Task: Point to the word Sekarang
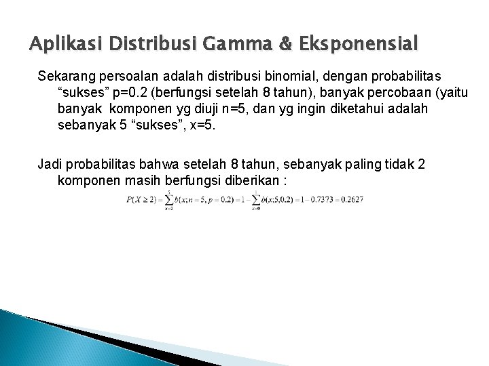(65, 73)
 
